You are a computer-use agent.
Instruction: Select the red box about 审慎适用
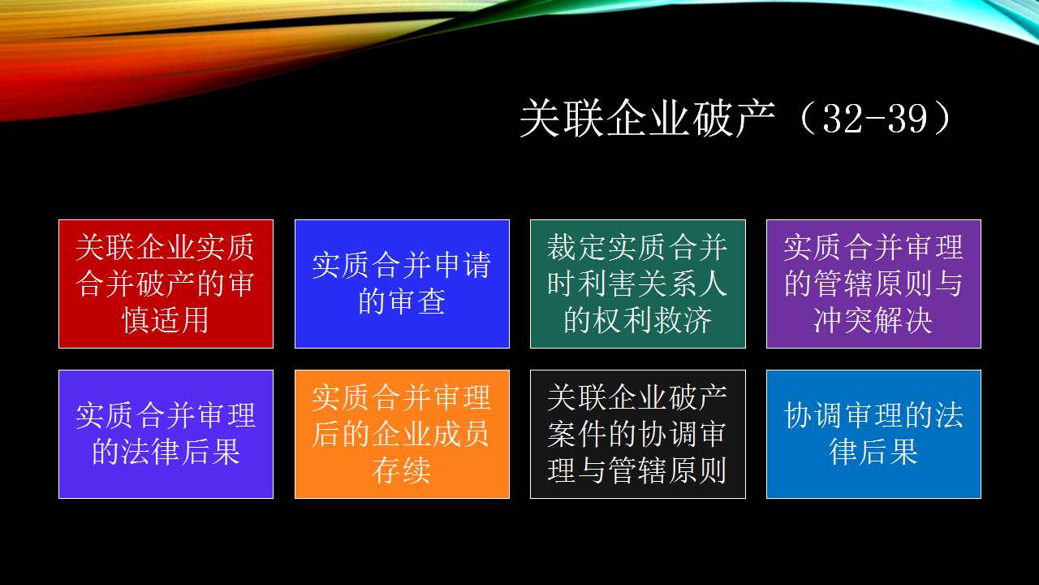coord(166,284)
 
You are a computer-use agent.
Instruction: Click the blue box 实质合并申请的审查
coord(402,284)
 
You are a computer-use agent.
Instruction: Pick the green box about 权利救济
coord(638,284)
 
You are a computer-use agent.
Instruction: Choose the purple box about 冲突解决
coord(873,284)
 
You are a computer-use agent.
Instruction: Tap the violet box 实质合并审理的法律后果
coord(166,434)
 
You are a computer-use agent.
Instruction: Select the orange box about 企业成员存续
coord(402,434)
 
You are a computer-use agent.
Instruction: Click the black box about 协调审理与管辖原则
coord(638,434)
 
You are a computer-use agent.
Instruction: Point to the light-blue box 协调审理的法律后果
coord(873,434)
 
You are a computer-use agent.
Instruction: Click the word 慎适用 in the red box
coord(165,320)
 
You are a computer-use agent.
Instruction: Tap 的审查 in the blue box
coord(402,301)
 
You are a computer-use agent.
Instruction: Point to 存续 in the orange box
coord(401,470)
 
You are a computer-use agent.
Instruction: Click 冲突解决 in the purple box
coord(873,320)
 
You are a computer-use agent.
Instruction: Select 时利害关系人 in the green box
coord(637,284)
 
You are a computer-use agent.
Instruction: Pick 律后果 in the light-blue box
coord(873,452)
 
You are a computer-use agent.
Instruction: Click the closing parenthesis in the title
coord(943,119)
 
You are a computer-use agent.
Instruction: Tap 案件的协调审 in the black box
coord(637,434)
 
